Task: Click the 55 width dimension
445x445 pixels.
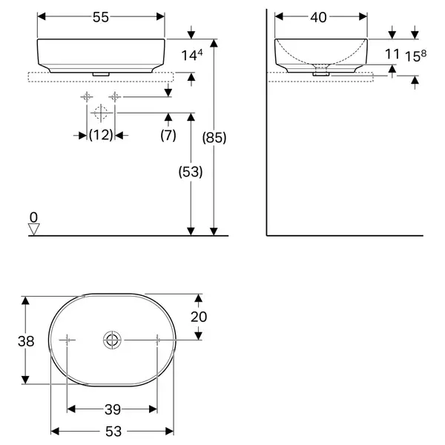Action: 101,17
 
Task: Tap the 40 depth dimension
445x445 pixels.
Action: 318,17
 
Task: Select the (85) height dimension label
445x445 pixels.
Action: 214,138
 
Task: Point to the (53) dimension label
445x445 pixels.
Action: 191,172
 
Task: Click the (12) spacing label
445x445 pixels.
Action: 101,135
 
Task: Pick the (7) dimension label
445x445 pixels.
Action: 168,135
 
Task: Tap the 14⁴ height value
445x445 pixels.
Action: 192,55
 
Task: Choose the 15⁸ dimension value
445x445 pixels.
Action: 415,56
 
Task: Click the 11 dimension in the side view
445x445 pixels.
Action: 392,54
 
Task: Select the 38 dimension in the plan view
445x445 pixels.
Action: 26,341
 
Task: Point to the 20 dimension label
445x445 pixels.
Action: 199,317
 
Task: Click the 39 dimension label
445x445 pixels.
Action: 113,409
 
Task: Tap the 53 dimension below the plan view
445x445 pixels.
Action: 113,432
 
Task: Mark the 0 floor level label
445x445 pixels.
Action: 33,217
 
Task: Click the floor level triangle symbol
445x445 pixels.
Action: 34,229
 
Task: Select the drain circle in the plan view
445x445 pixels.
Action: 113,340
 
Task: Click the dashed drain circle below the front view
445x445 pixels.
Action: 101,113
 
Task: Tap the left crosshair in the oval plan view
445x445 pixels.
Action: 67,340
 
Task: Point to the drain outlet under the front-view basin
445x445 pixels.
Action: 101,74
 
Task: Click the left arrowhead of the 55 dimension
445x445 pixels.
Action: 42,17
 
